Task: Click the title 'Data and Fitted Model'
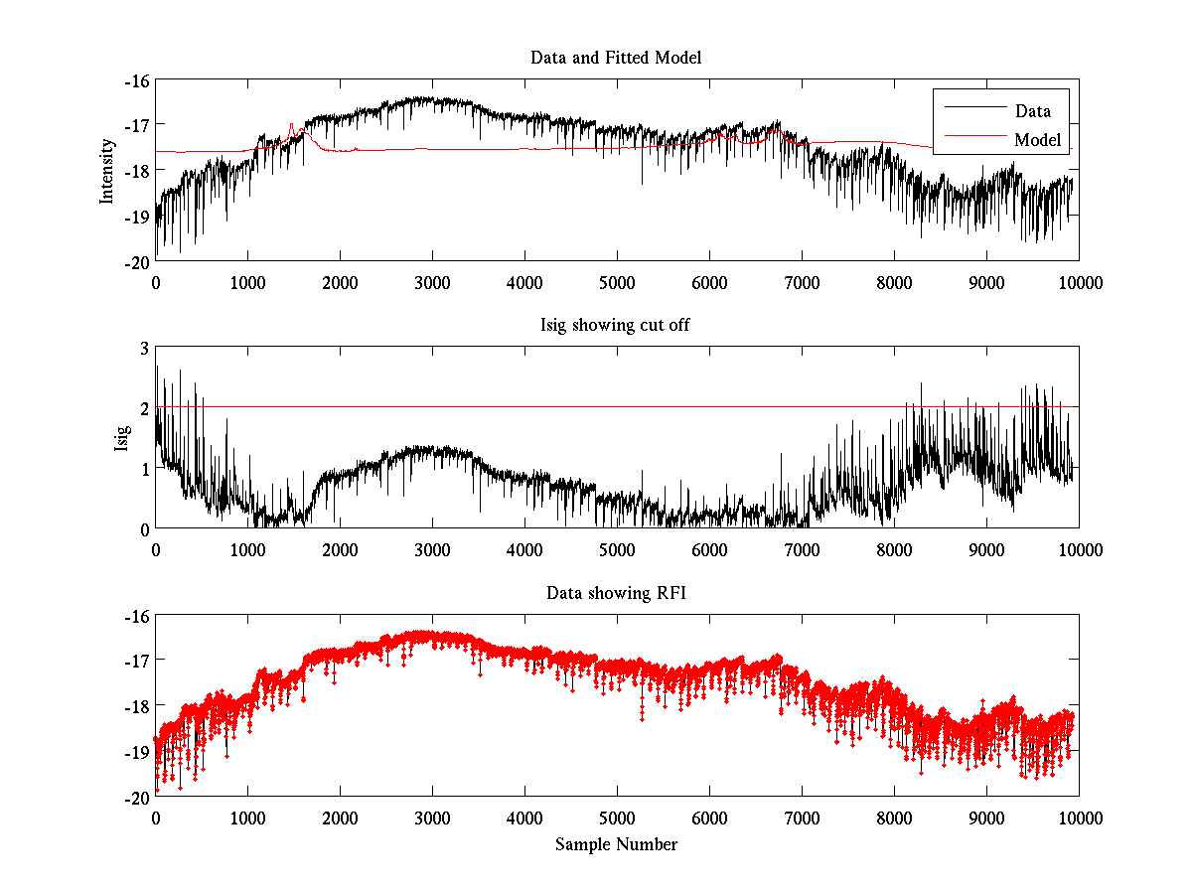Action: click(x=616, y=58)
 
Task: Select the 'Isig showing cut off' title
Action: click(x=616, y=325)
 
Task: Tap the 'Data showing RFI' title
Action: click(x=616, y=593)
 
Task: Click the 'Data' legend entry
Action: click(x=1032, y=110)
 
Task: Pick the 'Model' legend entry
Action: click(x=1037, y=140)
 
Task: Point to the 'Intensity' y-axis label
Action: click(x=107, y=171)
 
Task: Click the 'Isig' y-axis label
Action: click(x=122, y=438)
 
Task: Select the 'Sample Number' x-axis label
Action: click(x=616, y=844)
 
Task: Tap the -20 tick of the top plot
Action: click(x=137, y=262)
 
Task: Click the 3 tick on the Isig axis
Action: click(x=144, y=348)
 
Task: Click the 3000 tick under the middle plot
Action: click(x=432, y=549)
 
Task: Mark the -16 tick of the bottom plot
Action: click(x=137, y=616)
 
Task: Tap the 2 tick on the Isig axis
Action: click(x=144, y=408)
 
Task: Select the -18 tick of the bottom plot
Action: click(x=137, y=706)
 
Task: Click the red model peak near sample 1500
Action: click(x=291, y=124)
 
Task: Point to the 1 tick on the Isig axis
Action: click(x=144, y=469)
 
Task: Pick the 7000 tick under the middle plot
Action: click(x=802, y=549)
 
